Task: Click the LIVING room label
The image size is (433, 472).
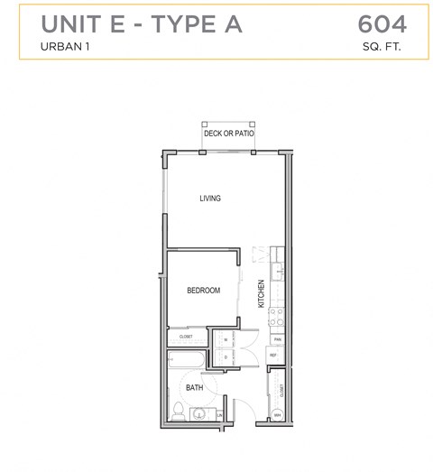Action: pos(210,199)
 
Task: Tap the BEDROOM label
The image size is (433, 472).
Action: pos(203,290)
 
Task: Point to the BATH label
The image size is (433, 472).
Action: pos(195,388)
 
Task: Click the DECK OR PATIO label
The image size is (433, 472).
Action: pos(229,134)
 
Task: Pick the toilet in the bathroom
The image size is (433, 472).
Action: pos(179,414)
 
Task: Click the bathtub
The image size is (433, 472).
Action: pos(186,361)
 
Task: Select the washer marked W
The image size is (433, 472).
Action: pos(225,339)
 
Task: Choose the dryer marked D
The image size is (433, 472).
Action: pos(225,356)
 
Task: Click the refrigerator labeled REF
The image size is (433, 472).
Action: pos(274,356)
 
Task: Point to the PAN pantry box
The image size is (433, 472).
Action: pos(278,339)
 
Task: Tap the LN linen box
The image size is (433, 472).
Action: pos(222,415)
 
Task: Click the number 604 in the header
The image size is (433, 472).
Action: pos(382,23)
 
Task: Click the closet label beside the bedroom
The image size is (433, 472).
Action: pos(186,336)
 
